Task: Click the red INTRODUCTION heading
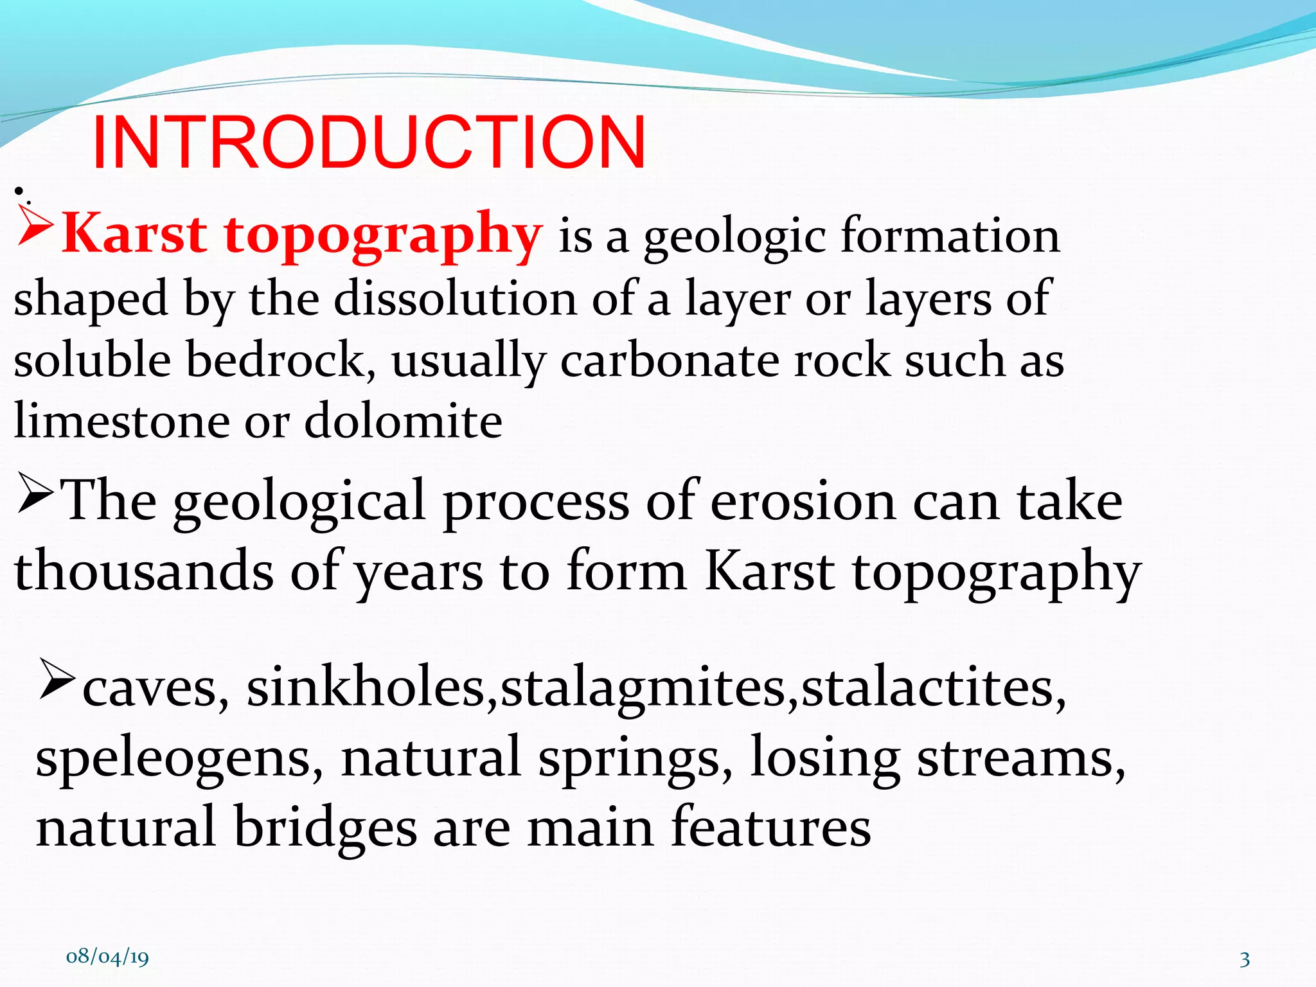tap(369, 143)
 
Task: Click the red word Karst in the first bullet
tap(135, 234)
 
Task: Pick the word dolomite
tap(403, 422)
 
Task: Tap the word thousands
tap(144, 571)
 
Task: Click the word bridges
tap(325, 828)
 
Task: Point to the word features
tap(771, 828)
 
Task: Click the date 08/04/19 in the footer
tap(107, 956)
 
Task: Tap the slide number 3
tap(1245, 959)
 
